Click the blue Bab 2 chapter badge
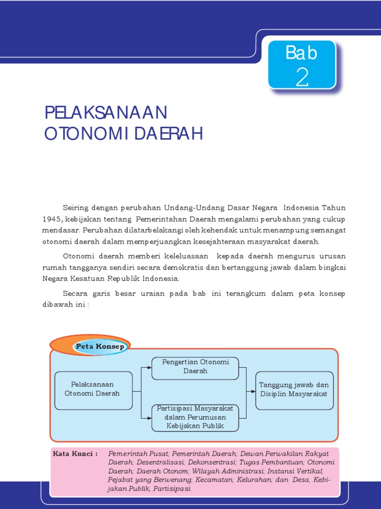point(302,65)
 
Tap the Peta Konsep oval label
point(100,346)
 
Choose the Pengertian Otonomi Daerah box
point(195,367)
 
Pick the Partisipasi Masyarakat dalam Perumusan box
point(195,417)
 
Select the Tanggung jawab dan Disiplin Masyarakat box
point(295,390)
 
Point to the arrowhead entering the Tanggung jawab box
point(254,392)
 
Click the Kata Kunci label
point(75,454)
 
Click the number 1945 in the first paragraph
point(52,219)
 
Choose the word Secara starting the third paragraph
point(76,294)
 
